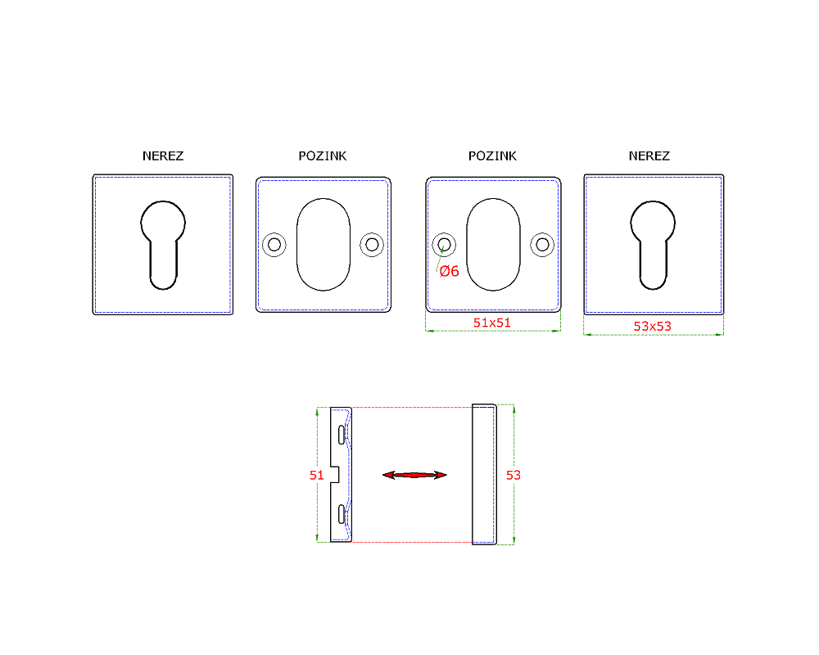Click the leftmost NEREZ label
(x=163, y=156)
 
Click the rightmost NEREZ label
(x=649, y=156)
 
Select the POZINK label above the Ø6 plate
(x=492, y=156)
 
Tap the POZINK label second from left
(x=322, y=156)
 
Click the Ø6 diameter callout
(x=449, y=271)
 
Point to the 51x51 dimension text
(x=492, y=323)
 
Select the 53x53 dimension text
(x=653, y=327)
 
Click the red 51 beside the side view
(x=316, y=476)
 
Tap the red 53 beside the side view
(x=514, y=476)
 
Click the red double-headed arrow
(x=414, y=475)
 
